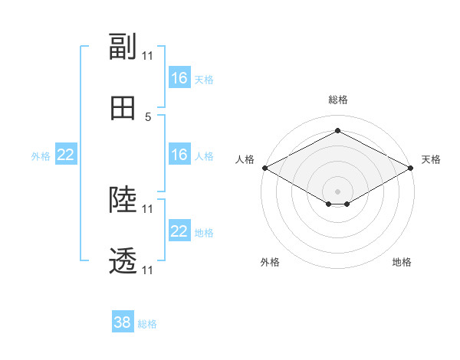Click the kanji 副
point(123,46)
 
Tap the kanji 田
point(123,108)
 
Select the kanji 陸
point(123,199)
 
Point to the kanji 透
point(123,260)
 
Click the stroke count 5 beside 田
point(148,117)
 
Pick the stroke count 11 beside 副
point(147,56)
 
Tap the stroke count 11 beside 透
point(147,270)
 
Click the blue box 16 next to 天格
point(179,77)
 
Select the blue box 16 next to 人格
point(179,154)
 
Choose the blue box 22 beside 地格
point(179,230)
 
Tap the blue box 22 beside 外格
point(66,154)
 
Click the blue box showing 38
point(123,321)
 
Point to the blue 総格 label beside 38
point(147,324)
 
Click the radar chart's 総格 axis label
point(338,100)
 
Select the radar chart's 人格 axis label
point(245,159)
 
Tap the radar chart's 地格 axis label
point(402,262)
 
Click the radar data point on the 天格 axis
point(411,168)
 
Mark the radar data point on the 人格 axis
point(265,168)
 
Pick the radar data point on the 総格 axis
point(337,130)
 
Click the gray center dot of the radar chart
point(337,191)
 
